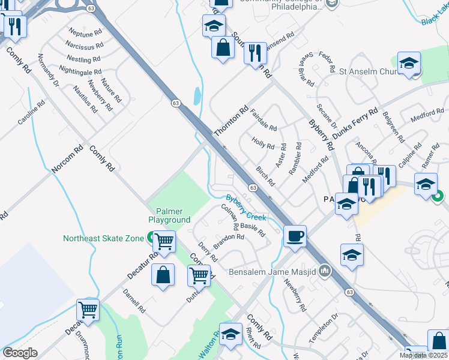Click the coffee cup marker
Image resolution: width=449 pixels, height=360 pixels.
click(x=294, y=236)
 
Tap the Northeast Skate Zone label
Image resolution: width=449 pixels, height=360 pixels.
click(x=104, y=238)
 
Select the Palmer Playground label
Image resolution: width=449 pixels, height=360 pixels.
click(x=173, y=215)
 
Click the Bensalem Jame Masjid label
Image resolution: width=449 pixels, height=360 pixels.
click(x=273, y=272)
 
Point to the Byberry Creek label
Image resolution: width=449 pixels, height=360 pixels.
click(x=246, y=208)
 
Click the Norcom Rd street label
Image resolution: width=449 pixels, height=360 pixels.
click(x=67, y=160)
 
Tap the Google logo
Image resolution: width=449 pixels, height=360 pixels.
click(x=20, y=353)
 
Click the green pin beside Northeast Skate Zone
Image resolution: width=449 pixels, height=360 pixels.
click(x=149, y=238)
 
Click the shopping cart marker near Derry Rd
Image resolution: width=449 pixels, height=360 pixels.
click(x=199, y=275)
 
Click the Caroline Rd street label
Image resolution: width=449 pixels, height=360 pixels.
click(x=31, y=112)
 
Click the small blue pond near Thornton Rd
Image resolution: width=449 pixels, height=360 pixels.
click(x=197, y=95)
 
